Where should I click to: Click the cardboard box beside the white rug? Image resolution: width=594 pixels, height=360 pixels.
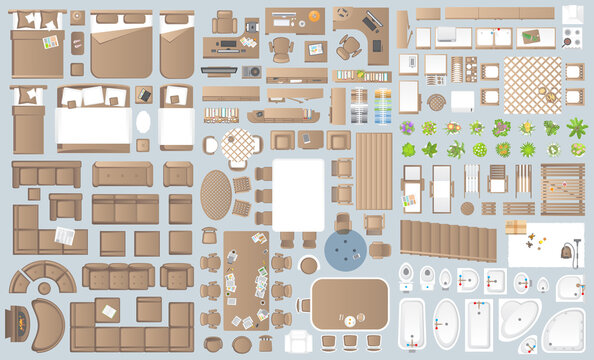515,228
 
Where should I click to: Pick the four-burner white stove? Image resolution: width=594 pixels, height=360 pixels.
572,38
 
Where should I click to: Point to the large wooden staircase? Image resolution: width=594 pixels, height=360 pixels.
447,241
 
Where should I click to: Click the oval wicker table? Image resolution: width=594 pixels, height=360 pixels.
216,193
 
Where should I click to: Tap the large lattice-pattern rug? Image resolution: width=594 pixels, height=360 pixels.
531,84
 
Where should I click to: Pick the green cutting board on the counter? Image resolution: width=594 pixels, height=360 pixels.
530,37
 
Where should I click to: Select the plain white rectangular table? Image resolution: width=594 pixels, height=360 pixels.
298,194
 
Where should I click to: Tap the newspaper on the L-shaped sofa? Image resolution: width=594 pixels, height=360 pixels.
64,236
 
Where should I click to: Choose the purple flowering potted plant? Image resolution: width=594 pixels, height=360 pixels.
407,128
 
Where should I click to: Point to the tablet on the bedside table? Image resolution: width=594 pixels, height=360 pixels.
146,96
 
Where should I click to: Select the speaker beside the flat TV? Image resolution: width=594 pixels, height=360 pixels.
252,72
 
